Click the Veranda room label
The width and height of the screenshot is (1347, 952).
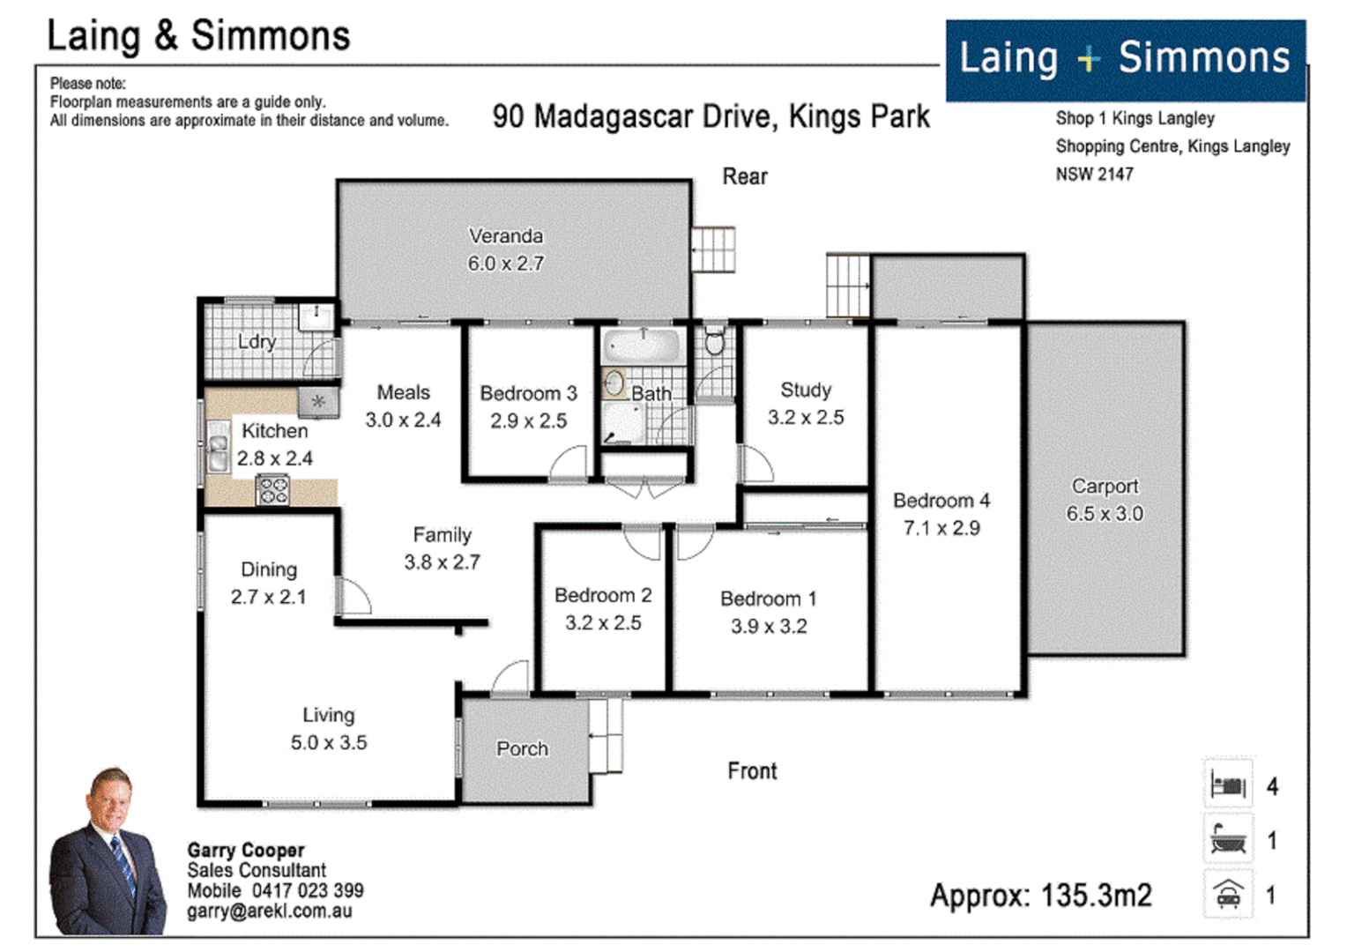click(x=505, y=236)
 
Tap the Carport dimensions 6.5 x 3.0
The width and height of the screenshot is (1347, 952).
click(x=1105, y=514)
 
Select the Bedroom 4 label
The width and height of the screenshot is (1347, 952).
click(x=941, y=501)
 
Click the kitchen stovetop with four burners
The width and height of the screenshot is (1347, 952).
click(x=272, y=490)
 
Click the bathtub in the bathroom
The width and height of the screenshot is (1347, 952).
click(x=643, y=346)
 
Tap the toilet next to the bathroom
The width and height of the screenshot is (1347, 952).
click(x=714, y=340)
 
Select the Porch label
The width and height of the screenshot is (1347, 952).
click(x=522, y=749)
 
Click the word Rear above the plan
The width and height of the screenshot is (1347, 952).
click(x=745, y=177)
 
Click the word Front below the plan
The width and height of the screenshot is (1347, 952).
click(x=752, y=771)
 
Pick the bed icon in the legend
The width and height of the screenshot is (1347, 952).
click(x=1228, y=785)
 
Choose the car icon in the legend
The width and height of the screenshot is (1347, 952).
click(x=1228, y=895)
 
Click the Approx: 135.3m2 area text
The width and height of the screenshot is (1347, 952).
click(x=1040, y=896)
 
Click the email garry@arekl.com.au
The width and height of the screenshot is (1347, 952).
click(x=269, y=911)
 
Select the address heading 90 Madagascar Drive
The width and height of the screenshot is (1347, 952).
click(x=711, y=117)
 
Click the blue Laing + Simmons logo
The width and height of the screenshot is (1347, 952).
click(x=1125, y=60)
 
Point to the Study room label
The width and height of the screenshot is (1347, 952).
click(x=806, y=390)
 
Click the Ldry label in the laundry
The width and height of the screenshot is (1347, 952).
click(x=257, y=342)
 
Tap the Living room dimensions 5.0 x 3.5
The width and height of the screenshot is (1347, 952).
click(x=329, y=743)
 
